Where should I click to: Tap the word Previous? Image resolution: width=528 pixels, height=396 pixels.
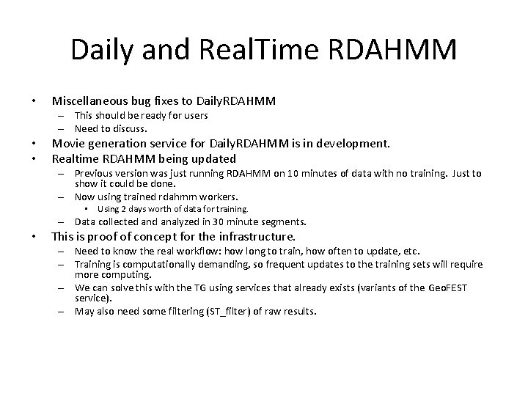click(x=96, y=173)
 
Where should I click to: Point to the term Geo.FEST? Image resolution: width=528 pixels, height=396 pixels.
click(x=447, y=287)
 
